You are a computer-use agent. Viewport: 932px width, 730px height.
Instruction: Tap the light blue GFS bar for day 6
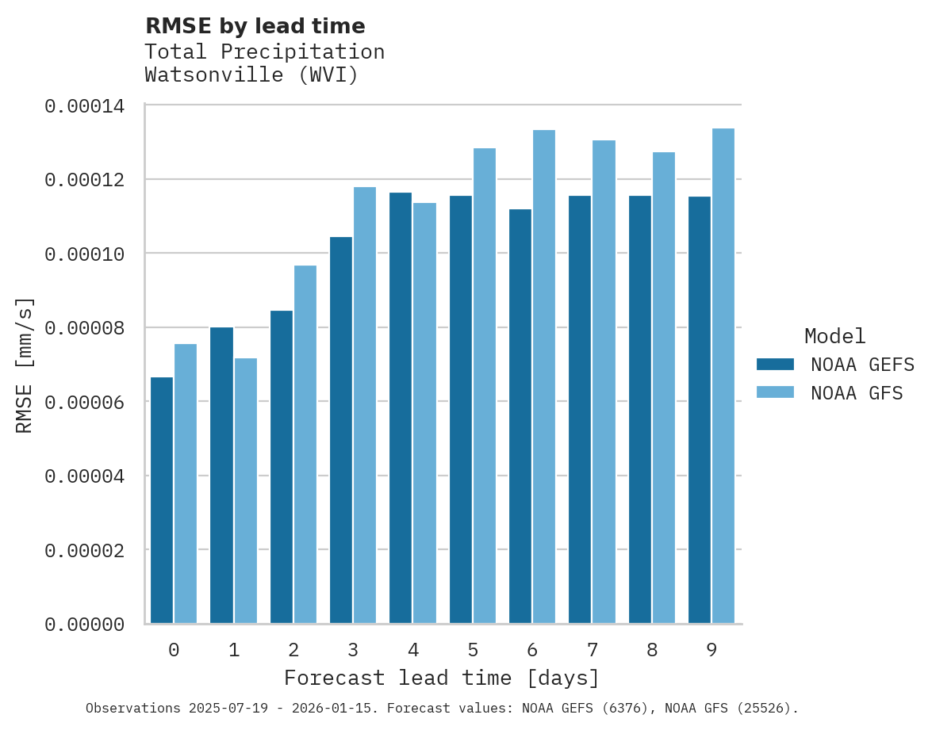point(544,376)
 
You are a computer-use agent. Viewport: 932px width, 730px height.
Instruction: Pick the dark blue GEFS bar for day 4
point(401,407)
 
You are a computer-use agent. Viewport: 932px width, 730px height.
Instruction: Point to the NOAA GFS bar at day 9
point(723,376)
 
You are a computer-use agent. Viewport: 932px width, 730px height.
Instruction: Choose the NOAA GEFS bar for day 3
point(341,430)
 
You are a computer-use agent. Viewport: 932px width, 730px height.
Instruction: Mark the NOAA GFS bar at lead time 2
point(305,444)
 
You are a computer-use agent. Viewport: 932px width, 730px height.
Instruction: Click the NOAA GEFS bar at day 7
point(580,409)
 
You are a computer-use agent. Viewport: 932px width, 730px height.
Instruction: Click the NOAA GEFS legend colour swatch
point(775,364)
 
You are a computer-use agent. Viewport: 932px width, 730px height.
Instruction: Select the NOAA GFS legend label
point(857,392)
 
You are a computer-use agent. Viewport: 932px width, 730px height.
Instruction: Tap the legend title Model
point(834,336)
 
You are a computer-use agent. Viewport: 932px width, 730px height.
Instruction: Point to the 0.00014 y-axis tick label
point(84,105)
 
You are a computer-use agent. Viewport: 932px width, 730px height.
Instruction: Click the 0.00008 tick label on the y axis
point(84,327)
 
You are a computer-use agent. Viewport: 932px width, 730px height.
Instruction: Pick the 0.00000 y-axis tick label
point(84,625)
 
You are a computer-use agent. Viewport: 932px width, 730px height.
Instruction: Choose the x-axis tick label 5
point(473,651)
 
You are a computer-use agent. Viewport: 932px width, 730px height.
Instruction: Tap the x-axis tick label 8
point(652,651)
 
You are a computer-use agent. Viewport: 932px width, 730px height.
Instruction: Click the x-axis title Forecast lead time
point(442,678)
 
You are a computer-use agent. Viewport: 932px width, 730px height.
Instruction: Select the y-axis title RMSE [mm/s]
point(25,365)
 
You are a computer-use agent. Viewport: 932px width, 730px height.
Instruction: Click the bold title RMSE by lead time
point(255,26)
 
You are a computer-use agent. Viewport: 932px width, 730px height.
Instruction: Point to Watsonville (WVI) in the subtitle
point(251,75)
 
